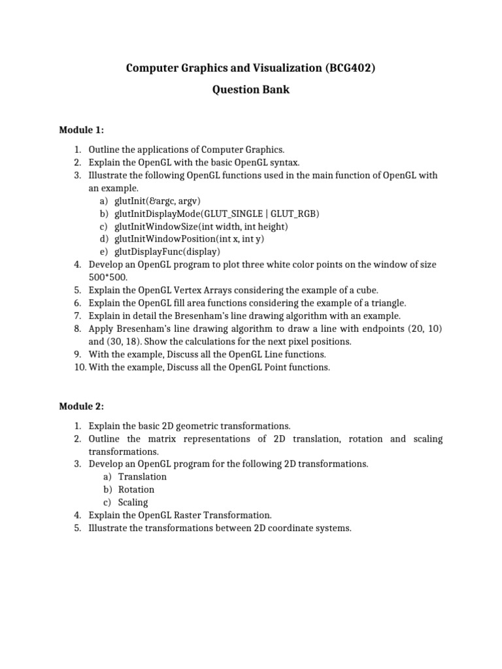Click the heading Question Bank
click(251, 90)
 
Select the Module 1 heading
click(82, 130)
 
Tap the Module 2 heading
click(82, 406)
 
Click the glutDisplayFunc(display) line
click(167, 252)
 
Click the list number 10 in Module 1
click(78, 367)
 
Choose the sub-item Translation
click(142, 477)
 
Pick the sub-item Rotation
click(136, 489)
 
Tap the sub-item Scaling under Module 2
click(133, 502)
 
